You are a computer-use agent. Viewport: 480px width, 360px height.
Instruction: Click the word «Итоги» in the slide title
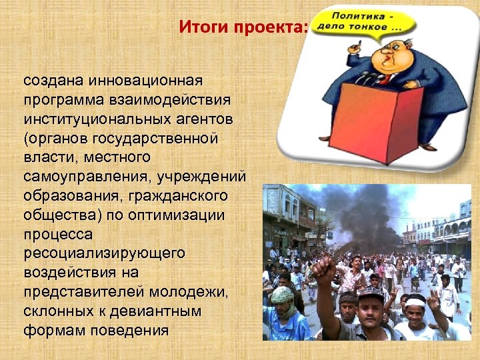pyautogui.click(x=200, y=28)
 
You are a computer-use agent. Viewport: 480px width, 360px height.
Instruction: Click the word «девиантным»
pyautogui.click(x=163, y=311)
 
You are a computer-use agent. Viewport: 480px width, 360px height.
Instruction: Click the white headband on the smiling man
pyautogui.click(x=415, y=303)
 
